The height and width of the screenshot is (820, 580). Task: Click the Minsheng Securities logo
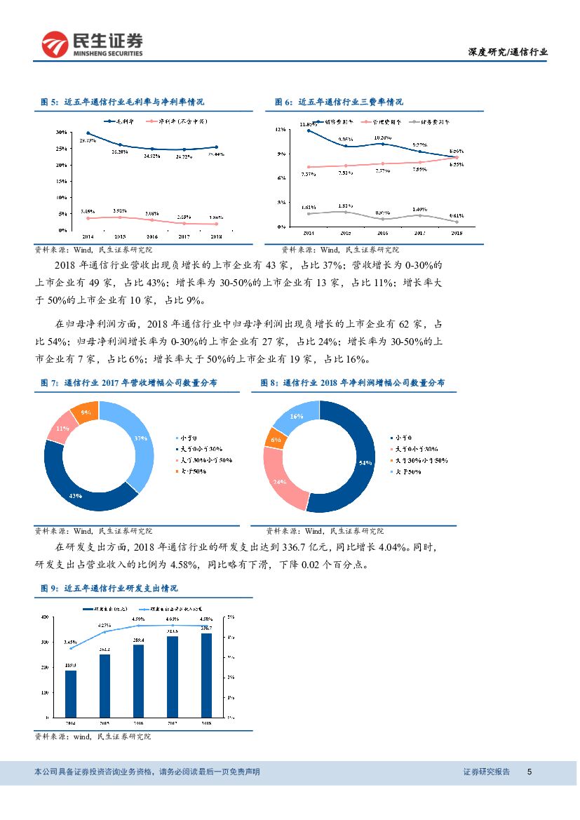click(x=91, y=44)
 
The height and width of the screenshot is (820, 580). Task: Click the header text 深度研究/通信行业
click(x=508, y=53)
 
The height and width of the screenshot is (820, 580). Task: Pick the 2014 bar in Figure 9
click(x=71, y=694)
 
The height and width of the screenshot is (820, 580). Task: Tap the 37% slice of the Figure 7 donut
click(x=137, y=438)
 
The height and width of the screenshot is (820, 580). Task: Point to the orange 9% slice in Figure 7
click(x=86, y=412)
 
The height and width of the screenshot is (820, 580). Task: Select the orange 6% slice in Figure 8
click(x=275, y=439)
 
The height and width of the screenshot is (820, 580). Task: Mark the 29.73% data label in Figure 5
click(x=88, y=141)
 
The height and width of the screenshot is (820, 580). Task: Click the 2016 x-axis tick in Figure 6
click(x=382, y=232)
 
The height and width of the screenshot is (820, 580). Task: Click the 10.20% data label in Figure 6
click(x=382, y=137)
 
